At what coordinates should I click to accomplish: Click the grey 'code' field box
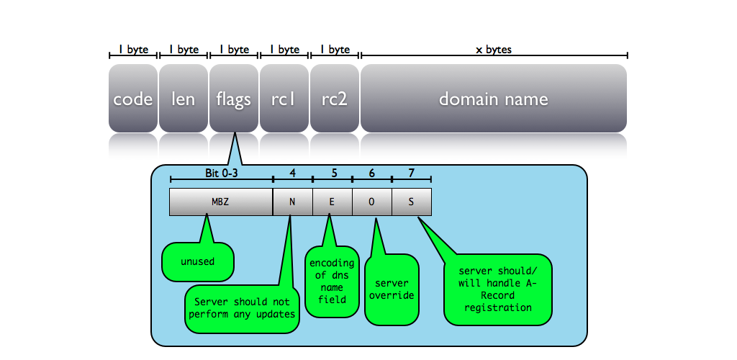tap(133, 99)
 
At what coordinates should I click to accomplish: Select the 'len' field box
tap(184, 99)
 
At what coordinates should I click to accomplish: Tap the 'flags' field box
tap(234, 99)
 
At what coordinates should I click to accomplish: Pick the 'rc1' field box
tap(284, 99)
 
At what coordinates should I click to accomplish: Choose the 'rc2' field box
tap(335, 99)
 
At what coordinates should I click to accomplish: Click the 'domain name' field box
tap(494, 99)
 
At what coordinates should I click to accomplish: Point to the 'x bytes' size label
tap(494, 50)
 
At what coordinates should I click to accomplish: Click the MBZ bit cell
tap(220, 202)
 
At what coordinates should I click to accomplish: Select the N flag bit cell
tap(292, 202)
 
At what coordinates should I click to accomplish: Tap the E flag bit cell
tap(332, 202)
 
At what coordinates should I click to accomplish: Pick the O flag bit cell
tap(371, 202)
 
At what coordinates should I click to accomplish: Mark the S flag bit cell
tap(411, 202)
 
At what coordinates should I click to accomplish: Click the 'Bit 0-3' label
tap(221, 174)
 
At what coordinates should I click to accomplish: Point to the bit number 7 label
tap(411, 174)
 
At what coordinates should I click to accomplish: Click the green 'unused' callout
tap(198, 261)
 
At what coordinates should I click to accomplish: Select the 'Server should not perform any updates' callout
tap(242, 308)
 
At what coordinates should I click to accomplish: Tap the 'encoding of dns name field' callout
tap(332, 281)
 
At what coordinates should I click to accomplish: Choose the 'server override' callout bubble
tap(392, 289)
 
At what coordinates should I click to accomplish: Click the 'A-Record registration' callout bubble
tap(498, 289)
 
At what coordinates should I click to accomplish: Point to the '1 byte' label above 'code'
tap(133, 50)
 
